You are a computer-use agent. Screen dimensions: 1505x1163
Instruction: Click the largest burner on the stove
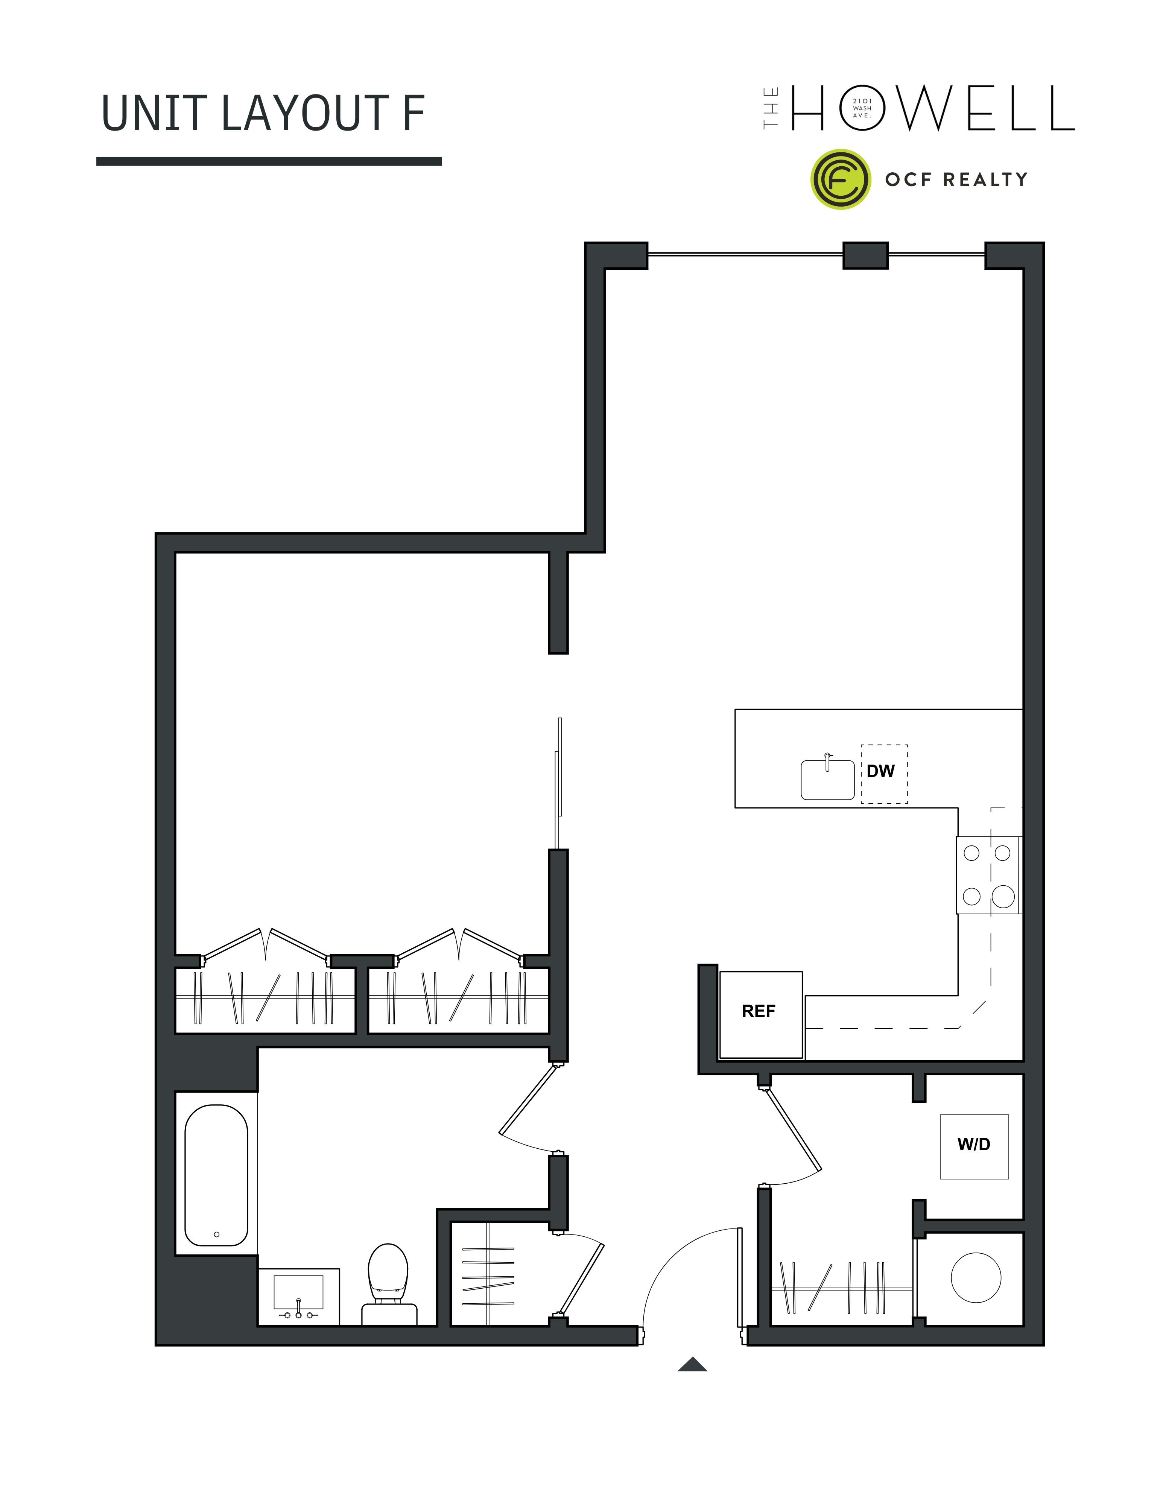(1003, 897)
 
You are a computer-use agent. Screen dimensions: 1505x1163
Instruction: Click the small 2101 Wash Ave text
(862, 108)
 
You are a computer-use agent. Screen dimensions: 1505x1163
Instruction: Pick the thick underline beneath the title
(269, 161)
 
